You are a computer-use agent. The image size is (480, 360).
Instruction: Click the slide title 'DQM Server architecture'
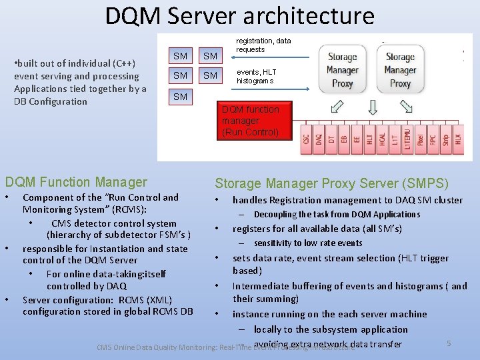[x=240, y=16]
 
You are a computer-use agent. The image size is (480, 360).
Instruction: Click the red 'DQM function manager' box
[x=250, y=121]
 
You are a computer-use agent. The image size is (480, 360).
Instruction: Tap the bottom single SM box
[x=180, y=97]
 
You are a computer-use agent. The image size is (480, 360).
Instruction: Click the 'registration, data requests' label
[x=264, y=45]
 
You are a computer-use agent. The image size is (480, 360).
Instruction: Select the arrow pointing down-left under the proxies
[x=337, y=106]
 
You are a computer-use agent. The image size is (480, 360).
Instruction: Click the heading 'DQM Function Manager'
[x=76, y=182]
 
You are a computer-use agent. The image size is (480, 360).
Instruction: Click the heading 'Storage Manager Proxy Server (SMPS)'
[x=331, y=183]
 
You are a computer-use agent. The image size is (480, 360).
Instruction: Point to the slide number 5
[x=449, y=343]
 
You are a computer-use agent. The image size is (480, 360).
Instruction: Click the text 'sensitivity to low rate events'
[x=308, y=243]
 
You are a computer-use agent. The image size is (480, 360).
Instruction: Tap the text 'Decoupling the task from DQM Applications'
[x=337, y=215]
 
